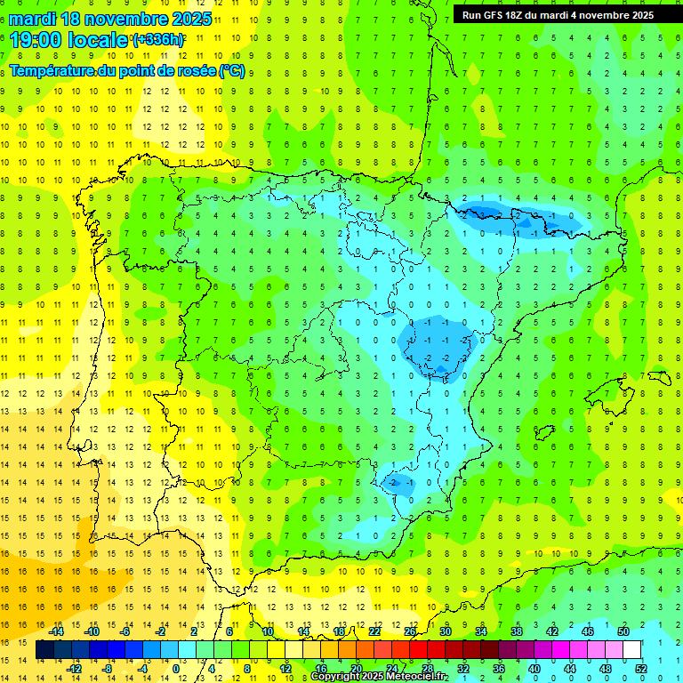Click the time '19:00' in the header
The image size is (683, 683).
coord(36,39)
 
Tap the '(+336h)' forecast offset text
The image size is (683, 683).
coord(157,39)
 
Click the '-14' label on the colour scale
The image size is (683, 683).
coord(57,631)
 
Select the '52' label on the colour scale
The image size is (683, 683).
coord(641,669)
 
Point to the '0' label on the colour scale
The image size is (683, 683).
coord(176,669)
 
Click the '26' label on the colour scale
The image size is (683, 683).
coord(409,631)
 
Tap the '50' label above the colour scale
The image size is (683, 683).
coord(623,631)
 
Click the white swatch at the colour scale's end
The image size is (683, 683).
coord(632,650)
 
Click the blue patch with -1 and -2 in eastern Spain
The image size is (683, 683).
coord(436,347)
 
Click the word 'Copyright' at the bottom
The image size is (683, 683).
coord(336,677)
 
